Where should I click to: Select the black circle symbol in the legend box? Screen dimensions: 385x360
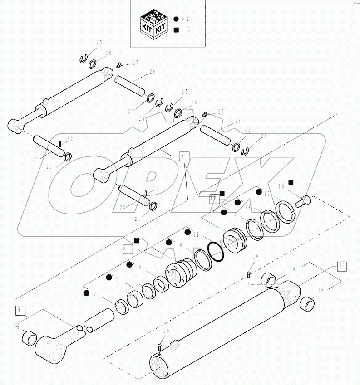pos(177,19)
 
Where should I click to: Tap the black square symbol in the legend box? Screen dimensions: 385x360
pos(177,29)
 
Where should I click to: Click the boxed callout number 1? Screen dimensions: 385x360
pos(183,156)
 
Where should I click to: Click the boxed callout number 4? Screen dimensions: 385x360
pos(20,310)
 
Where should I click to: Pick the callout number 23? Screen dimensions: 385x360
pos(123,205)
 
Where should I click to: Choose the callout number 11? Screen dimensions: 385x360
pos(196,235)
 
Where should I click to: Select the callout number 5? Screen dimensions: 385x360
pos(19,326)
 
